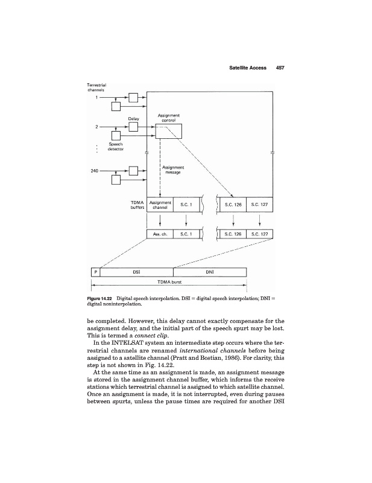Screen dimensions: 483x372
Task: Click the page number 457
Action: click(x=279, y=68)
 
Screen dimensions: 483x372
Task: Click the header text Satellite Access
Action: click(x=248, y=68)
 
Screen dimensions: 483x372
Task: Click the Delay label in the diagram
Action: click(x=134, y=118)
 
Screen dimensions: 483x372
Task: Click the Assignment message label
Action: click(x=174, y=170)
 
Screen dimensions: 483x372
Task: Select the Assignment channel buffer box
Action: click(x=160, y=206)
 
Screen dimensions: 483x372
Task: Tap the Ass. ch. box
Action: click(x=160, y=234)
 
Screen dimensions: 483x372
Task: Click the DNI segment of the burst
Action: click(x=210, y=272)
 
